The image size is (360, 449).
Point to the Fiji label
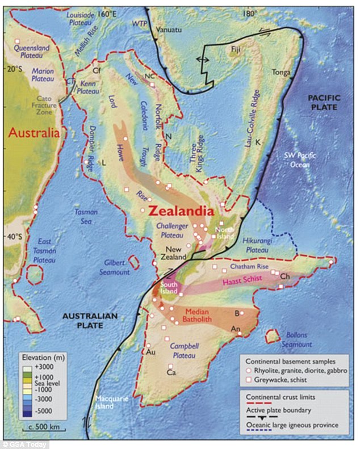click(236, 50)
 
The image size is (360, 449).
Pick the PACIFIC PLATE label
click(323, 103)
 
